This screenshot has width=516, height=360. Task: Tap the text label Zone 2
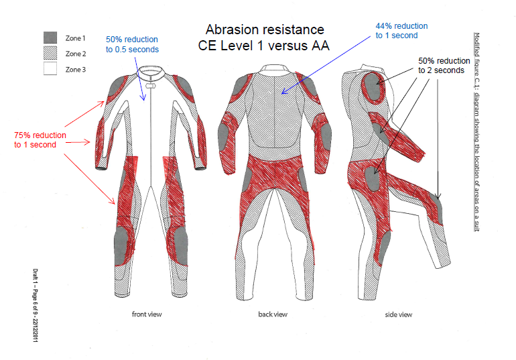(76, 54)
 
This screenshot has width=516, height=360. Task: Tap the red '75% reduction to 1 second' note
(40, 140)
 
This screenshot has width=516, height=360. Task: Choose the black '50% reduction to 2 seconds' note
(441, 64)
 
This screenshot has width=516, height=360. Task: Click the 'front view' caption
(146, 314)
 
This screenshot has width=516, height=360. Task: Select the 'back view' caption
(272, 314)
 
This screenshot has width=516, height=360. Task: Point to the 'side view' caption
(398, 314)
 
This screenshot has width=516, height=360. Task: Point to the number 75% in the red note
(23, 135)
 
